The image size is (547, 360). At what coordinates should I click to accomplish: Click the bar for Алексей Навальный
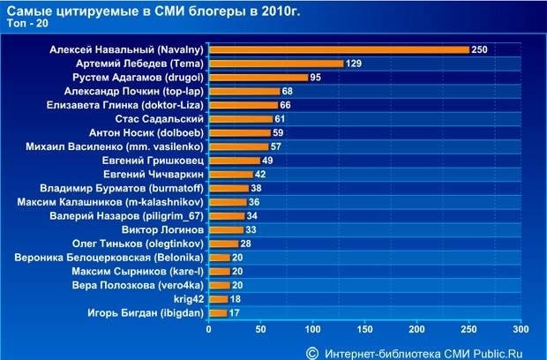click(x=339, y=49)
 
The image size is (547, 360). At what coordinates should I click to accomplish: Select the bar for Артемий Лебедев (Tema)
click(x=275, y=64)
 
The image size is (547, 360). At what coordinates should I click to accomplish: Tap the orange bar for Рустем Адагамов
click(x=258, y=77)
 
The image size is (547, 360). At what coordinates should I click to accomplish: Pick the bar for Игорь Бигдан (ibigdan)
click(x=217, y=312)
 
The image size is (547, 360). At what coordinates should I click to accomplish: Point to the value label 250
click(x=480, y=49)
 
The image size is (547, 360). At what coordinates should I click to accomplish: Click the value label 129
click(x=355, y=64)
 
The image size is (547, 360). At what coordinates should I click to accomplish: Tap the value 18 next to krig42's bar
click(x=236, y=299)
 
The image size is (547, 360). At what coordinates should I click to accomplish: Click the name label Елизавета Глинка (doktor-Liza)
click(x=125, y=104)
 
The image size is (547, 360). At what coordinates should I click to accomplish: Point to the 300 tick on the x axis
click(x=521, y=330)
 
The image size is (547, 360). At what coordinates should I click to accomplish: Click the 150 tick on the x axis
click(x=364, y=330)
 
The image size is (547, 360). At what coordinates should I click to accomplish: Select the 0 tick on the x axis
click(x=209, y=330)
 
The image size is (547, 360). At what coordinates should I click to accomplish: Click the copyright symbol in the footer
click(x=311, y=350)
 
